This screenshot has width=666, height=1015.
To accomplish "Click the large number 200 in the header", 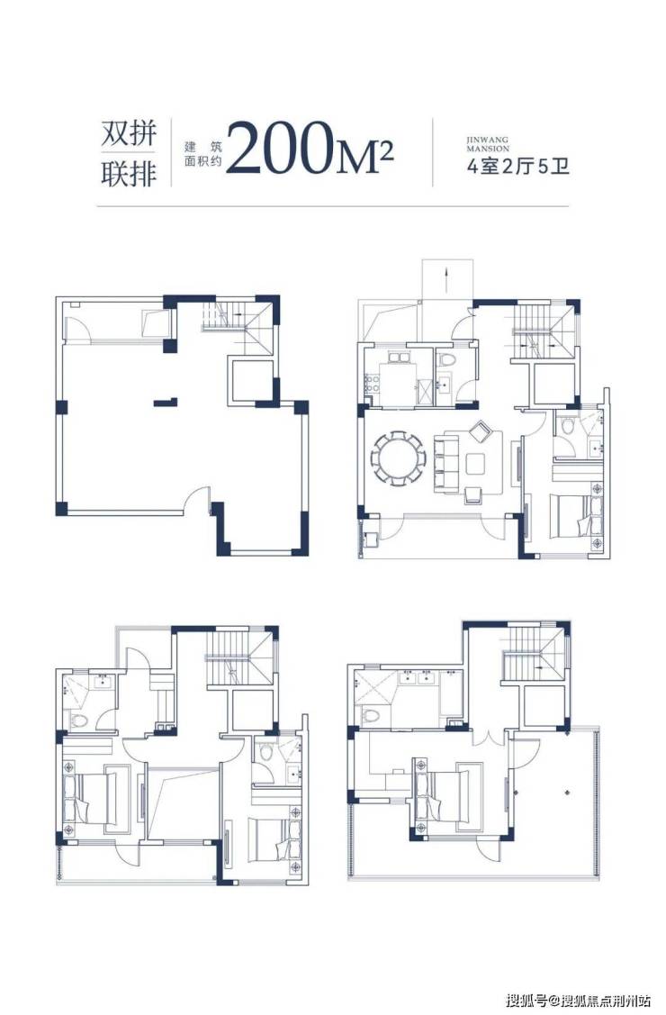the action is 278,148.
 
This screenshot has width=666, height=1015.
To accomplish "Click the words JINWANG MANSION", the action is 488,144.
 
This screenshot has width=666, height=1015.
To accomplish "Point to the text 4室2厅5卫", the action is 517,167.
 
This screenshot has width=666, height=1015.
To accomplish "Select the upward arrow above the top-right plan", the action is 446,279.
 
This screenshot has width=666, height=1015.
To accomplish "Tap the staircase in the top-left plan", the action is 233,319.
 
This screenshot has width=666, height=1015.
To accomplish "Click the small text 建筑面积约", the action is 202,153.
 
